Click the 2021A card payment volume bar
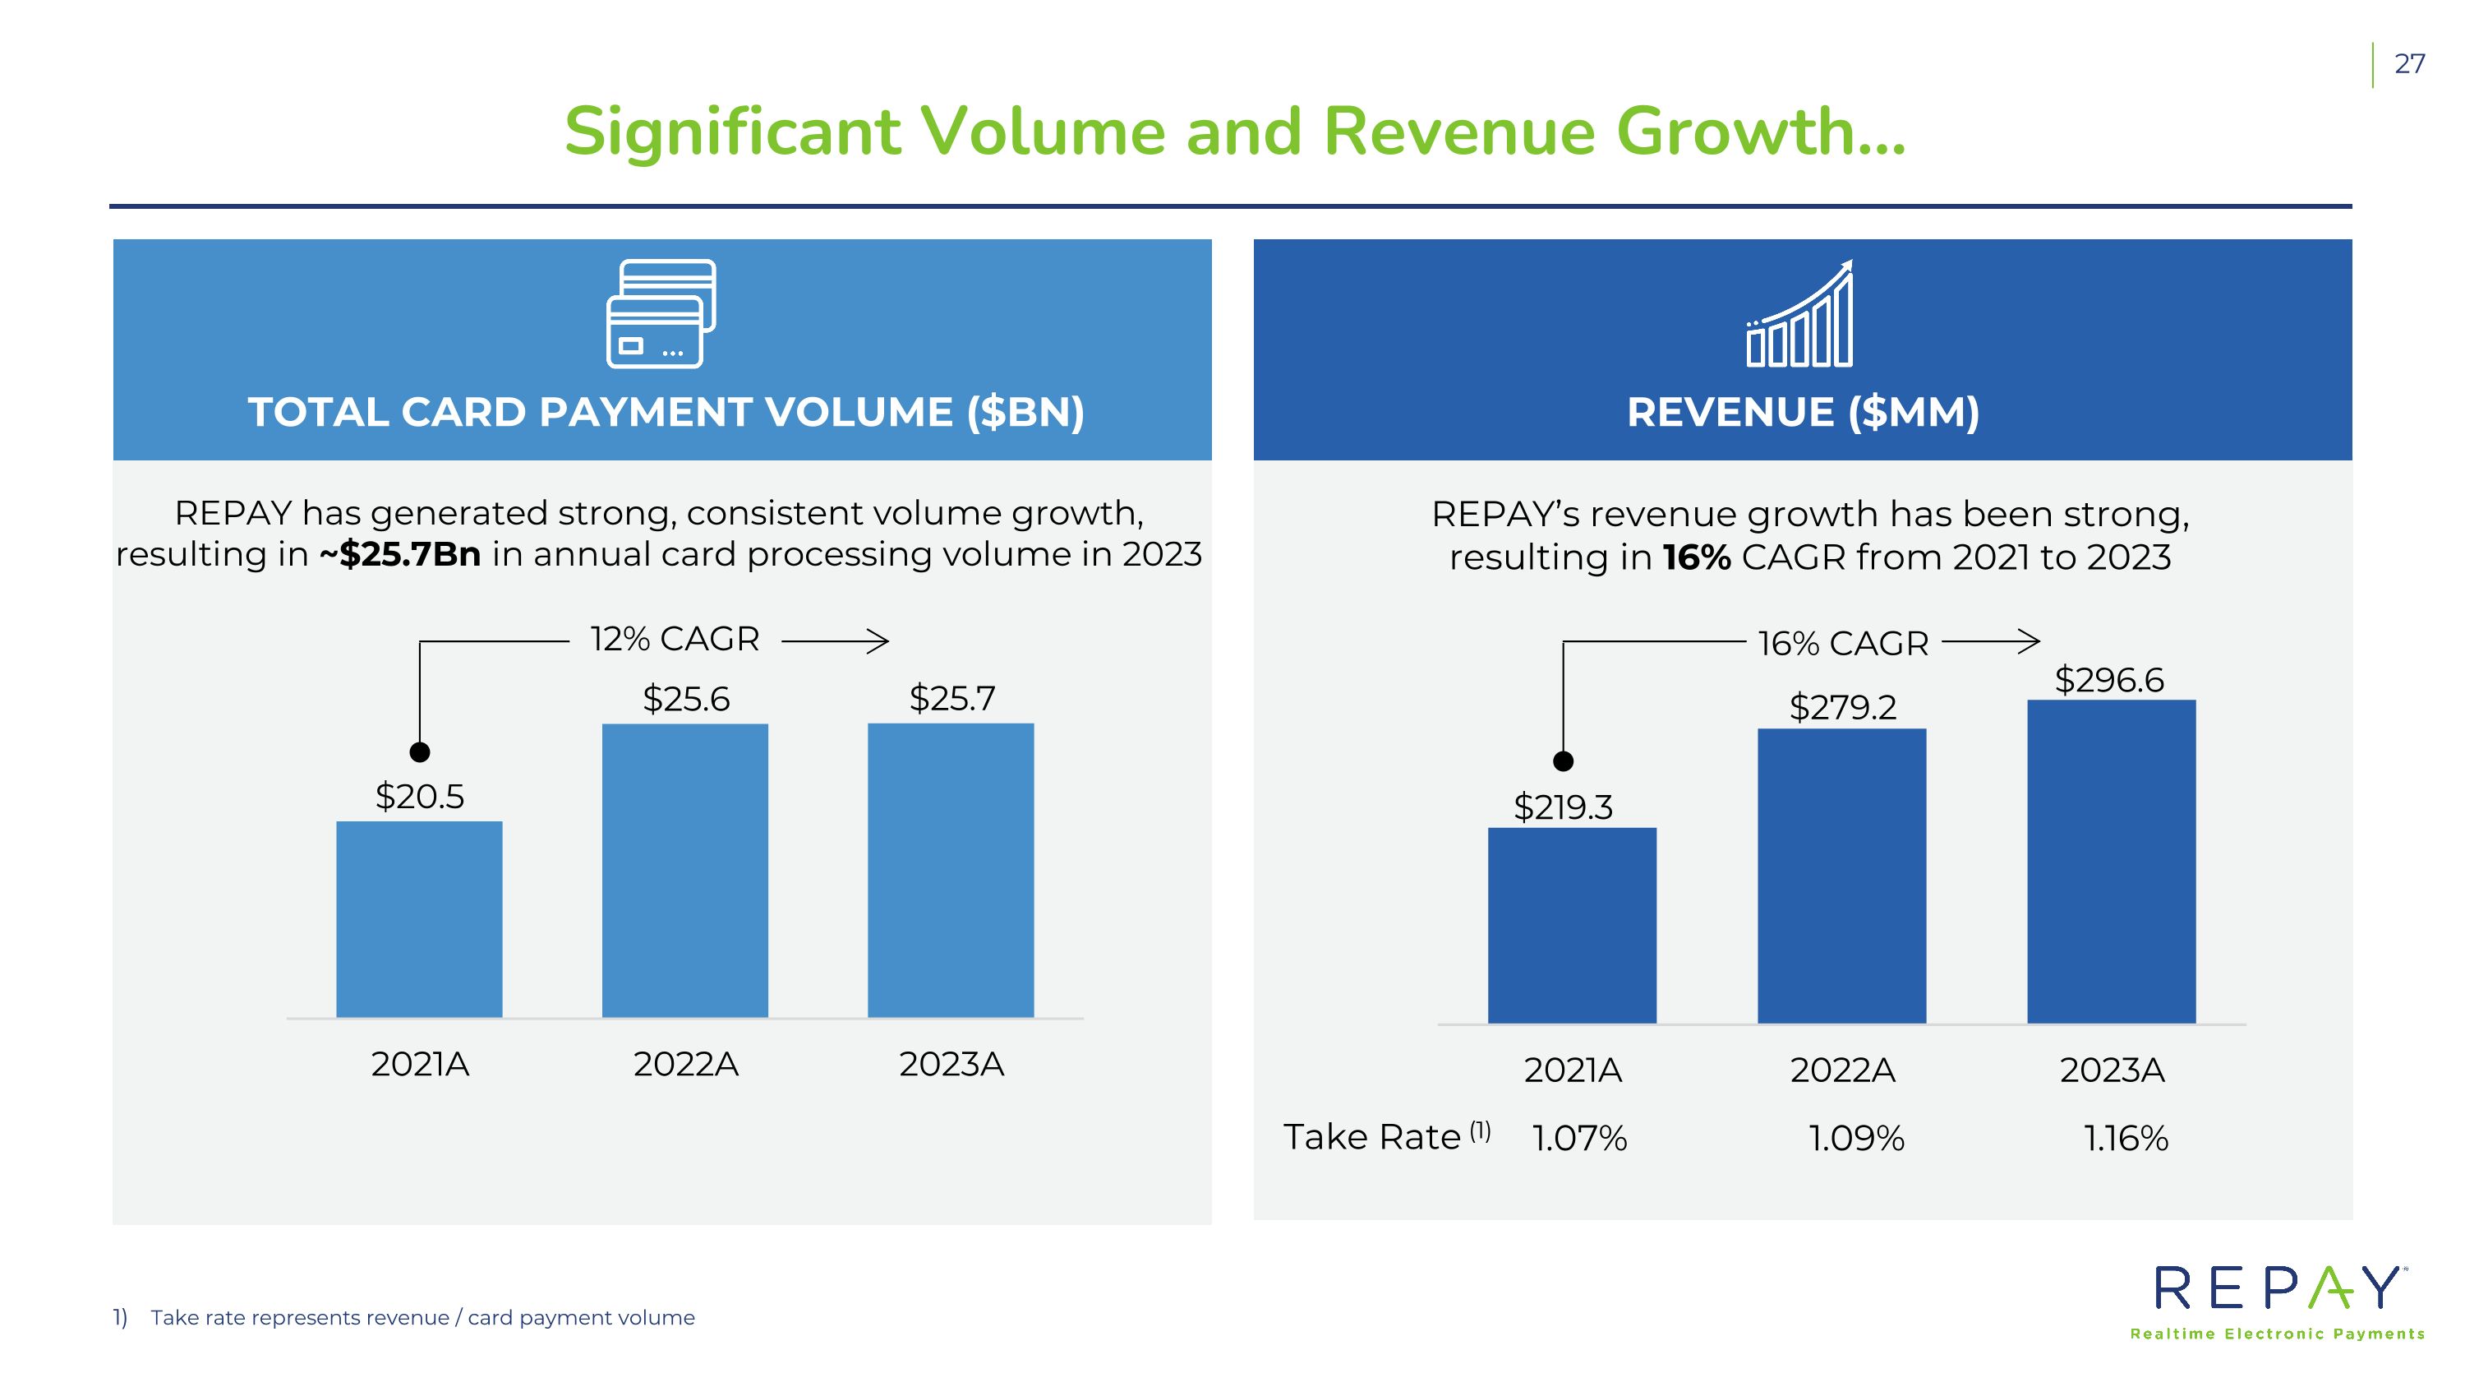419,919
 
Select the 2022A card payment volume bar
685,870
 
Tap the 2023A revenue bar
2111,862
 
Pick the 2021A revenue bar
1571,926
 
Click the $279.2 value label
1842,707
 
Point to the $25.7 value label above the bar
952,698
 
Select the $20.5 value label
419,797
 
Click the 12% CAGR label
675,639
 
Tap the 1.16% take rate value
2126,1138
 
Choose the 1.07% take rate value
1579,1138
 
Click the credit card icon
661,314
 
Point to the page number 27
2408,64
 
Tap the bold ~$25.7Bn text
400,554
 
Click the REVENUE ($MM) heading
1803,413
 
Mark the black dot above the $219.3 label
1563,761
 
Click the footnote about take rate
422,1317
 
